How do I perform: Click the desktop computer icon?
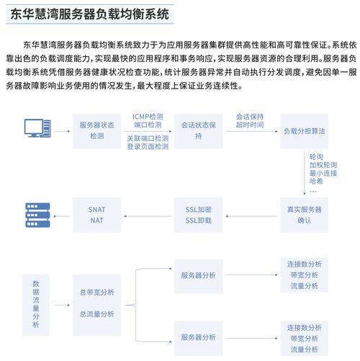[x=37, y=128]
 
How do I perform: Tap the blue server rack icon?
[x=37, y=215]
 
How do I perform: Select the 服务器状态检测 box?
[x=96, y=131]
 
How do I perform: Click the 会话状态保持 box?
[x=198, y=131]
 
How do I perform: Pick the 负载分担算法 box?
[x=305, y=131]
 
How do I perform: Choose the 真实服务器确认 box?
[x=305, y=215]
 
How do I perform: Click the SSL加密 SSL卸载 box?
[x=198, y=215]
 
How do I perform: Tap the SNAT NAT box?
[x=96, y=215]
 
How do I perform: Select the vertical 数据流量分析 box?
[x=36, y=305]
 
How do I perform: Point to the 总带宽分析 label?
[x=96, y=293]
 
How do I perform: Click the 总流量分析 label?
[x=96, y=314]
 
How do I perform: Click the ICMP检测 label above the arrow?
[x=148, y=117]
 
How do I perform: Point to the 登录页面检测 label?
[x=148, y=146]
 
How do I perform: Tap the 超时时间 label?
[x=250, y=125]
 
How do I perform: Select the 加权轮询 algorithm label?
[x=323, y=165]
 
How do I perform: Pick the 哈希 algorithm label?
[x=316, y=181]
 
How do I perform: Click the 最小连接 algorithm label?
[x=323, y=173]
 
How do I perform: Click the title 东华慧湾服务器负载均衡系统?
[x=90, y=14]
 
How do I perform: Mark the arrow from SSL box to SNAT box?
[x=148, y=216]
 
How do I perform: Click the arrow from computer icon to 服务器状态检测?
[x=62, y=131]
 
